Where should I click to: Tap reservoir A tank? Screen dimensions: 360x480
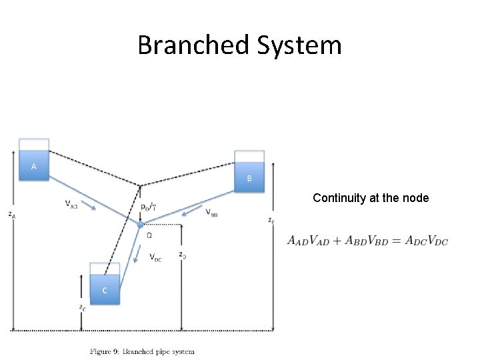34,160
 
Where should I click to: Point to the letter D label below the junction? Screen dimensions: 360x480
149,235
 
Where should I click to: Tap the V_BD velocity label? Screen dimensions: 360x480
211,213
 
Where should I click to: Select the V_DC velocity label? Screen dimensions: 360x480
155,257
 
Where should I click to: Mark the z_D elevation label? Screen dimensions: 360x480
182,254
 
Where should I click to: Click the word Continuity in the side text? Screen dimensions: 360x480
336,198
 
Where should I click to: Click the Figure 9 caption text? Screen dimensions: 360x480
143,351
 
